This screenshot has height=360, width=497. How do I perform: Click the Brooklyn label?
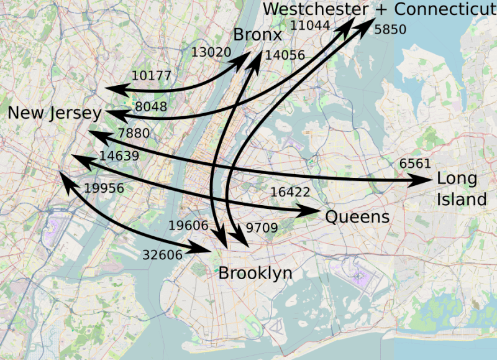[x=255, y=274]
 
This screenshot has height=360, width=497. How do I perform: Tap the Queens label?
[x=357, y=217]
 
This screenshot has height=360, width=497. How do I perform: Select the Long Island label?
[x=461, y=189]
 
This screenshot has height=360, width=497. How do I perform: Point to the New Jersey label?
[x=55, y=113]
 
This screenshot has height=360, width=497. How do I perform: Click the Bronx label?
[x=258, y=35]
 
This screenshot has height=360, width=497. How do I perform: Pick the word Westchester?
[x=316, y=9]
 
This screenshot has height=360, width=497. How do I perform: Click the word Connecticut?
[x=446, y=9]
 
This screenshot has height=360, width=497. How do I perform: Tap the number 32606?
[x=162, y=254]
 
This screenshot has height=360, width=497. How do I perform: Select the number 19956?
[x=104, y=188]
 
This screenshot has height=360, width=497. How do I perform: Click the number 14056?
[x=285, y=55]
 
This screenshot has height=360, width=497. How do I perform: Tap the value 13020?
[x=211, y=52]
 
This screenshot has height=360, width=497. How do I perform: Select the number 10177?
[x=152, y=76]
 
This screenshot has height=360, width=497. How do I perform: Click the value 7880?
[x=133, y=133]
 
